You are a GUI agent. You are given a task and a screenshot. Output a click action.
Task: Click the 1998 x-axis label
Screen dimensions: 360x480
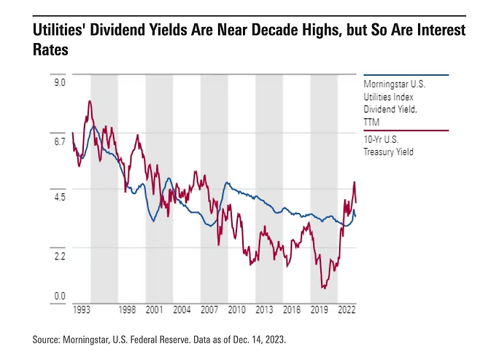(x=128, y=310)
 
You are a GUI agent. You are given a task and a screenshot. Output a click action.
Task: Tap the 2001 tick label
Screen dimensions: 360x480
(x=154, y=310)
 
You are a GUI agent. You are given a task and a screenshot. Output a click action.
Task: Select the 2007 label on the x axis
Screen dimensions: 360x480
(x=209, y=310)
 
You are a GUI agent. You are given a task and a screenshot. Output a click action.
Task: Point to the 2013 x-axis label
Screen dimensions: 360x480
(x=264, y=310)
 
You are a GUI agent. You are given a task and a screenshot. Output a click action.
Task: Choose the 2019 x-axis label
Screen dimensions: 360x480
(x=320, y=310)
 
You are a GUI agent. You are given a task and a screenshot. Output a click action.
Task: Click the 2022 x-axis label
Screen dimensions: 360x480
(x=347, y=310)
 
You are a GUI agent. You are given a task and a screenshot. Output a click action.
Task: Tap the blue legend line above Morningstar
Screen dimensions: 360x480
(x=406, y=74)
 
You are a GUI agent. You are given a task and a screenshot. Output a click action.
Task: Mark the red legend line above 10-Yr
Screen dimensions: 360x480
(x=406, y=130)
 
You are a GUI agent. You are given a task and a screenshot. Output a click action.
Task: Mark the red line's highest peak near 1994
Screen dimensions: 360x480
(x=89, y=101)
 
